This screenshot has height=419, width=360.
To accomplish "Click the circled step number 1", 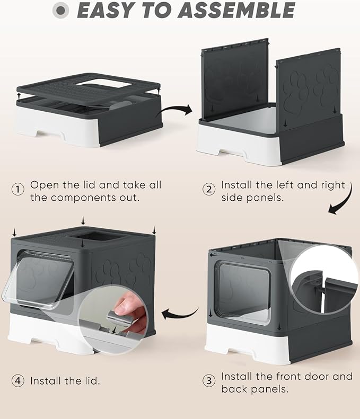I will tap(19, 189).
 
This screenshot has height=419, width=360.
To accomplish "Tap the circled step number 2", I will tap(210, 189).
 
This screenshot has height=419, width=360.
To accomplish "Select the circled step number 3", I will tap(210, 381).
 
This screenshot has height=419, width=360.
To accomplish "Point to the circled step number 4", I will tap(19, 381).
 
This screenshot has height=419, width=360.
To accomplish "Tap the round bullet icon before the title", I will tap(63, 11).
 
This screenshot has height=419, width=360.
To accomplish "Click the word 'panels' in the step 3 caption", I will tap(271, 389).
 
